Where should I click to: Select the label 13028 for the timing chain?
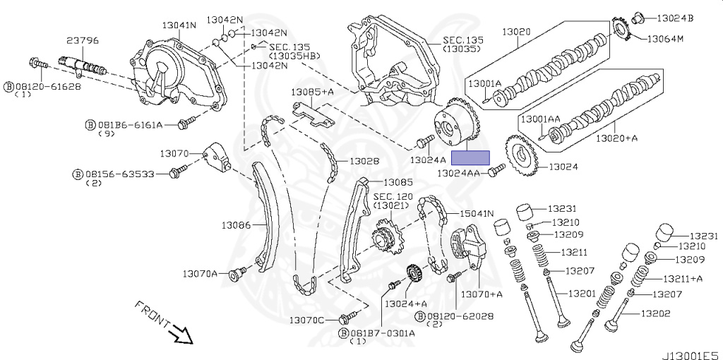(364, 161)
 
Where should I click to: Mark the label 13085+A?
(313, 92)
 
